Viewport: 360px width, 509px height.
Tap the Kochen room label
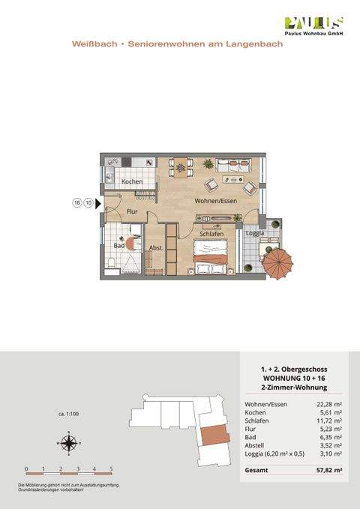(x=132, y=182)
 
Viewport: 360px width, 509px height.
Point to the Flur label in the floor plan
(x=132, y=212)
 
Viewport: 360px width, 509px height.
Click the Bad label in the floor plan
(x=118, y=245)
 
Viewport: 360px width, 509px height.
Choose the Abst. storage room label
(x=156, y=247)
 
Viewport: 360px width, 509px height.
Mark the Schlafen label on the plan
(x=212, y=234)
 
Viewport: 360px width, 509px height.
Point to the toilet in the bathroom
(x=110, y=262)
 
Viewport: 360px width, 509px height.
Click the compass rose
(x=68, y=444)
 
